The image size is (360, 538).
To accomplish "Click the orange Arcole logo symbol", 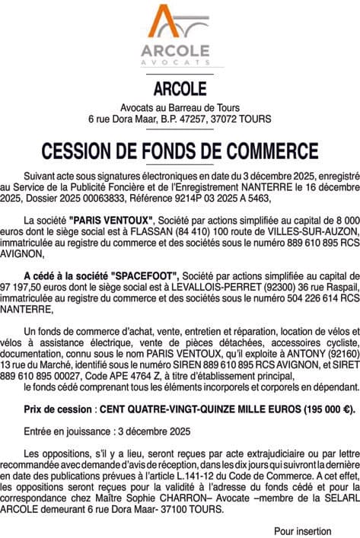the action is pyautogui.click(x=180, y=23).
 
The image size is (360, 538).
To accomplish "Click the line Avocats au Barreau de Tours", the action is pyautogui.click(x=180, y=107).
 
